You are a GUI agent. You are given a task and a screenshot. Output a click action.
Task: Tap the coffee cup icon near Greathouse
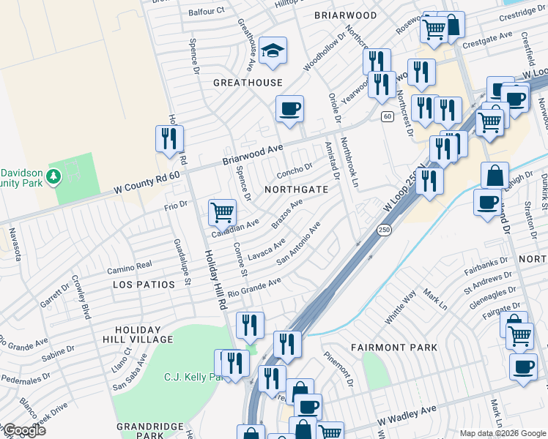[x=289, y=109]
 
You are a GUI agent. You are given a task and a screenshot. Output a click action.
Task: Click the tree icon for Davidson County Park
[x=53, y=176]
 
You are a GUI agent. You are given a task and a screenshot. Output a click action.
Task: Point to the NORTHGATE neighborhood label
[x=296, y=190]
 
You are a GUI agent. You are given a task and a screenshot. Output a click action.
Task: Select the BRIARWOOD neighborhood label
[x=345, y=15]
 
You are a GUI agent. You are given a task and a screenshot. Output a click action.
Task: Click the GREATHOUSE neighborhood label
[x=247, y=83]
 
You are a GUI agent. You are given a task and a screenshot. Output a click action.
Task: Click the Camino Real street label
[x=129, y=265]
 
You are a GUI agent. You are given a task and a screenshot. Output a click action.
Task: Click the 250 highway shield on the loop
[x=384, y=230]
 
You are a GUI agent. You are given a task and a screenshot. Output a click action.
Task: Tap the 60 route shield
[x=387, y=116]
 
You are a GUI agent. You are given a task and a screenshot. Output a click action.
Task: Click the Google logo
[x=24, y=430]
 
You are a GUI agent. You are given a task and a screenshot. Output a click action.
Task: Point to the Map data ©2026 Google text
[x=502, y=433]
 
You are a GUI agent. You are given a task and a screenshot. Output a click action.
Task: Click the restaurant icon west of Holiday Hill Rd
[x=169, y=138]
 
